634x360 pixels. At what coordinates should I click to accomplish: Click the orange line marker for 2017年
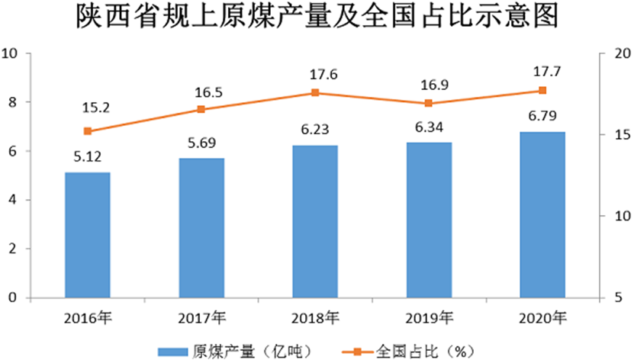click(x=201, y=109)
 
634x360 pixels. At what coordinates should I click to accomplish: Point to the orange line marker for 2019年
click(x=429, y=103)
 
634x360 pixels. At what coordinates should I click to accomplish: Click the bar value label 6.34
click(x=429, y=126)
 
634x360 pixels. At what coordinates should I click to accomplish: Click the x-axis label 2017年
click(x=201, y=317)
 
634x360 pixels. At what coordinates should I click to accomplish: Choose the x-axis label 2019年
click(x=429, y=317)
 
